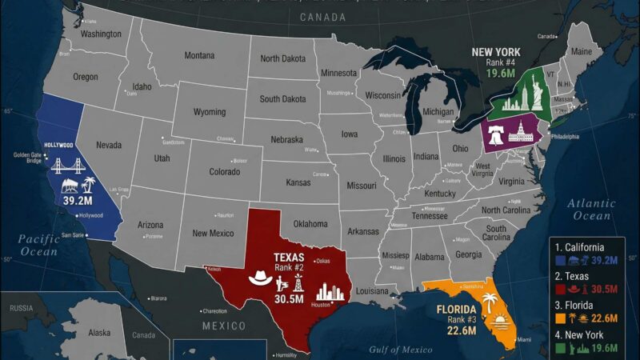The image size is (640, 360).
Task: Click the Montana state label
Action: (199, 55)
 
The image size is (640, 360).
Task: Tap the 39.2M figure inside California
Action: (78, 200)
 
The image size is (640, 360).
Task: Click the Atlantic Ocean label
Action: (593, 210)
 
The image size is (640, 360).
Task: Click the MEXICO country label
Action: (223, 326)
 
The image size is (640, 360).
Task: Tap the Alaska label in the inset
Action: (99, 332)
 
